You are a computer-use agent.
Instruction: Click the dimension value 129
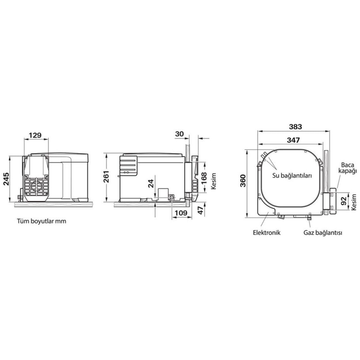point(35,135)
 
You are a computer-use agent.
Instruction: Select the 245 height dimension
point(6,179)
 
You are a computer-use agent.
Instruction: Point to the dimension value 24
point(151,183)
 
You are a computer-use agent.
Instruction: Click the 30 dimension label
point(179,134)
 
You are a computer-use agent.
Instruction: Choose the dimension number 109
point(181,213)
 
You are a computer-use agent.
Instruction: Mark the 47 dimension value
point(201,210)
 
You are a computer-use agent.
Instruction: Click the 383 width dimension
point(295,127)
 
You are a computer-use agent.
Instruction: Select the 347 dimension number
point(293,140)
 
